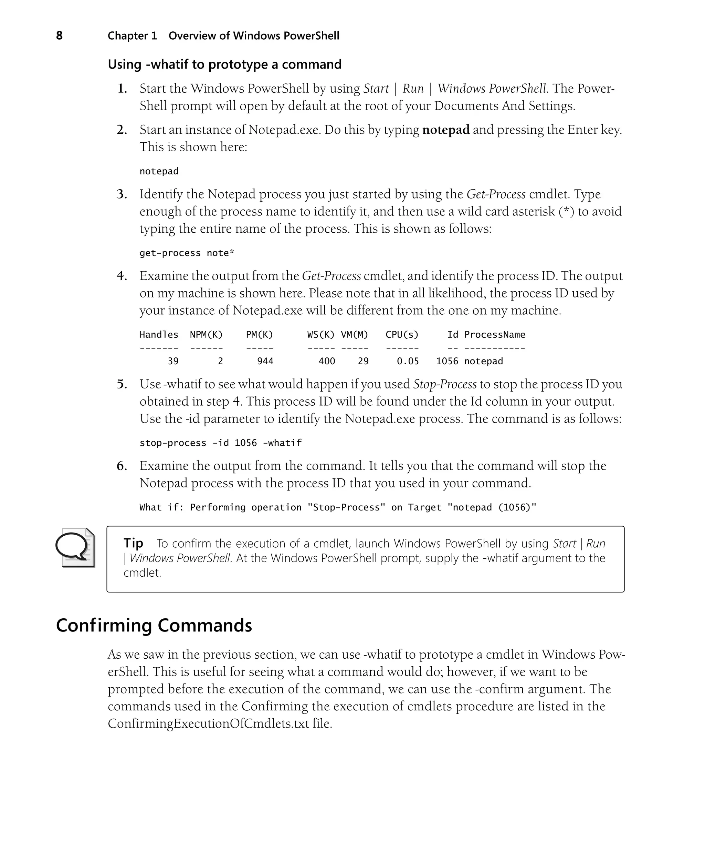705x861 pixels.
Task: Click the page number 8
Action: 59,36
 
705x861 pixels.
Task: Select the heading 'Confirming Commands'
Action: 154,625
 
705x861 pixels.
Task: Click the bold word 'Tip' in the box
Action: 133,543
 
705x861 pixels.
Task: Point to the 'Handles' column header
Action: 159,335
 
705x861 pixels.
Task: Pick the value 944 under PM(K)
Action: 265,361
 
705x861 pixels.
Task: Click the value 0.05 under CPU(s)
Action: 407,361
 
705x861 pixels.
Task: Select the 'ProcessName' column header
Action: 495,335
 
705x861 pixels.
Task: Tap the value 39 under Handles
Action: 173,361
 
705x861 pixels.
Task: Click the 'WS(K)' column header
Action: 321,335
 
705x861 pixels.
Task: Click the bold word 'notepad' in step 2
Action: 445,130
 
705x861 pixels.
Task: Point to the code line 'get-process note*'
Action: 187,253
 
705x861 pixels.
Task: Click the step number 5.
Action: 122,384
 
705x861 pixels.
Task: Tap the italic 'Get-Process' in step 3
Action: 496,194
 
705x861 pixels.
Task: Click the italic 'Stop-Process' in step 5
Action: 445,384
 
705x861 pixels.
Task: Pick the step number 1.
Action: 122,89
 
